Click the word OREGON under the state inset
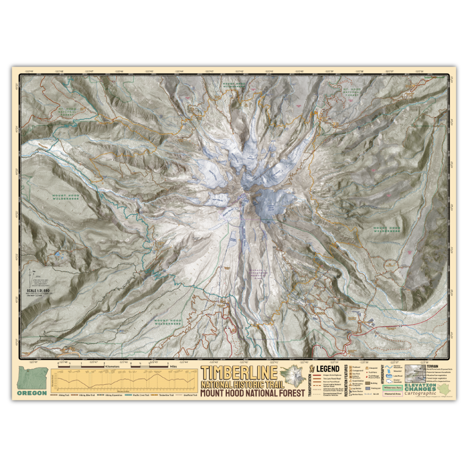(32, 393)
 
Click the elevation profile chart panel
(123, 380)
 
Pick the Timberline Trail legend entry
(166, 395)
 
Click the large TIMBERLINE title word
(239, 373)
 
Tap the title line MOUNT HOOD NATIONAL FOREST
(253, 393)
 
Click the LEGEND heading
(328, 369)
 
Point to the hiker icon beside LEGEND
(314, 369)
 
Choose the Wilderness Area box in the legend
(392, 387)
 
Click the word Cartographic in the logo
(419, 393)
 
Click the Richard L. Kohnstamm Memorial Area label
(259, 273)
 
